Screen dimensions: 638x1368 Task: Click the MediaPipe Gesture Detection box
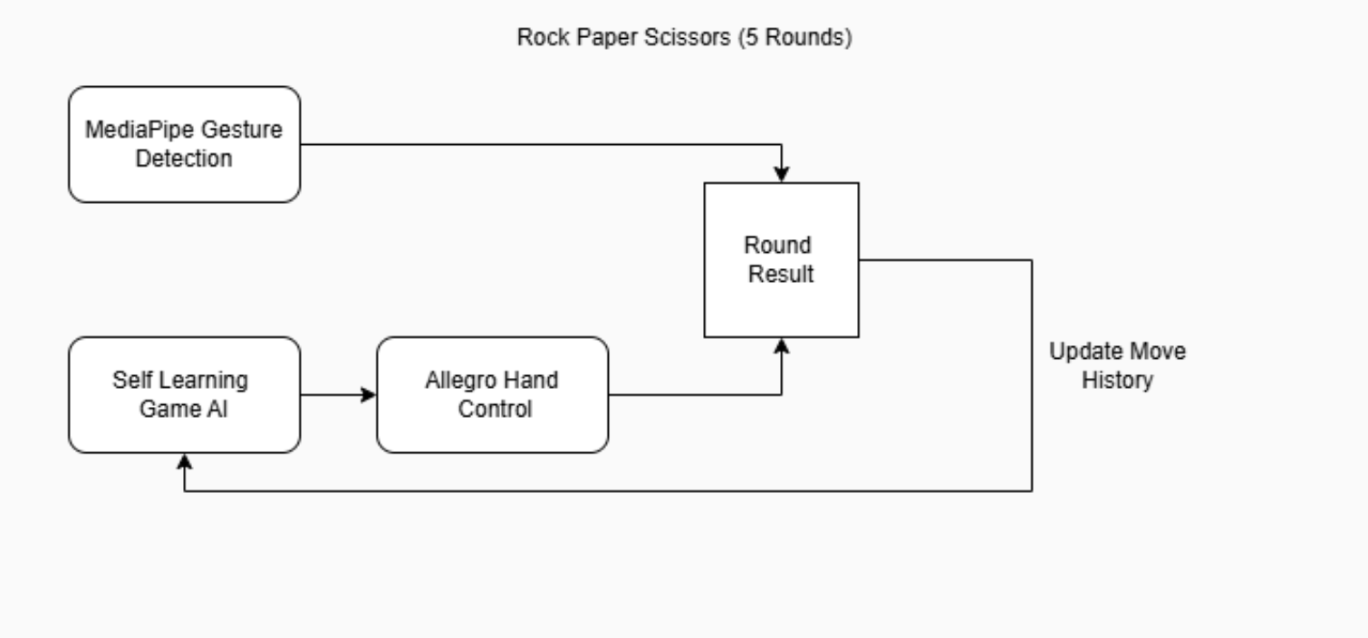click(184, 144)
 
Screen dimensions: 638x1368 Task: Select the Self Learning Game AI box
click(184, 394)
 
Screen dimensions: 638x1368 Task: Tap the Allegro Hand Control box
click(492, 394)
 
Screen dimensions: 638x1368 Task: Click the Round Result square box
click(781, 260)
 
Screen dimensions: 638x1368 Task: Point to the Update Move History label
click(1116, 365)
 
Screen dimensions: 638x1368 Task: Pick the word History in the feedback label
click(1116, 380)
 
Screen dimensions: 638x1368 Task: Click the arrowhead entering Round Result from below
click(781, 345)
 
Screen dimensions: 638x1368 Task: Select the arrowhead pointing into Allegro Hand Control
click(368, 394)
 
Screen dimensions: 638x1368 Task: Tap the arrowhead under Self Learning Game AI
click(184, 460)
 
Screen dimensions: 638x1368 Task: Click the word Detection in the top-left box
click(184, 159)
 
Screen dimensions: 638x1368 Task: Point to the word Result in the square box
click(780, 274)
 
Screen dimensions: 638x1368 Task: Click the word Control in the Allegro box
click(494, 409)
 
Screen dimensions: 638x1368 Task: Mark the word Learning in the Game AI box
click(207, 380)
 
